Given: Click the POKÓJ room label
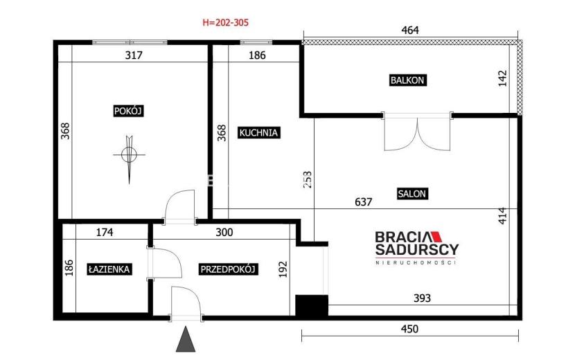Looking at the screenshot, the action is click(x=128, y=111).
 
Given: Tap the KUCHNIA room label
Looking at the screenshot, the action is click(x=258, y=132).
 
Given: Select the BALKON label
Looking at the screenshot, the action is click(x=407, y=80).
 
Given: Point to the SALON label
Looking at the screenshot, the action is click(x=412, y=194).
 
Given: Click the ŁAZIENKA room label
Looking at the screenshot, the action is click(x=109, y=269).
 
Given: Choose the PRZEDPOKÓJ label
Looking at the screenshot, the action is click(x=227, y=269).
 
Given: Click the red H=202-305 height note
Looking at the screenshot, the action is click(x=226, y=22).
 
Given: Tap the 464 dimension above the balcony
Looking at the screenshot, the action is click(x=410, y=30).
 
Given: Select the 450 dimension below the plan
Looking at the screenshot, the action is click(x=409, y=329).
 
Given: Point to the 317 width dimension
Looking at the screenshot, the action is click(x=134, y=55).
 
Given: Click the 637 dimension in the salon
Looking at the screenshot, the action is click(x=364, y=201).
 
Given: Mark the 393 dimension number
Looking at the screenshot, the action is click(x=422, y=298).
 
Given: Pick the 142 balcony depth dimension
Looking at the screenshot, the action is click(x=502, y=78).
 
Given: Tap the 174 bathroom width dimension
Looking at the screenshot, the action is click(x=105, y=232).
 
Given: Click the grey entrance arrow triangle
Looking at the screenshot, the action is click(x=186, y=339).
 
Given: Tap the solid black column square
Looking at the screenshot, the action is click(x=312, y=306).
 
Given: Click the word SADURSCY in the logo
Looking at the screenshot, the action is click(x=417, y=249).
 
